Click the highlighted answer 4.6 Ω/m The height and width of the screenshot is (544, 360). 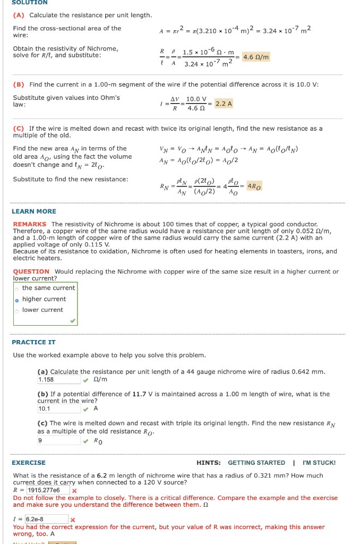pos(256,57)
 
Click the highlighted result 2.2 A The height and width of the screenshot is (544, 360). pos(224,104)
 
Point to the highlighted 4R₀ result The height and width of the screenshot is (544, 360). pos(254,186)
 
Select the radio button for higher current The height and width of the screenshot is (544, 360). pos(17,299)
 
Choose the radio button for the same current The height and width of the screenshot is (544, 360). pos(17,288)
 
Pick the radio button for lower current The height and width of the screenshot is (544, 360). pos(17,310)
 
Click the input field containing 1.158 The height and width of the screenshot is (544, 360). pos(58,380)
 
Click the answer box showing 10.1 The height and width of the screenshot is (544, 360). pos(58,409)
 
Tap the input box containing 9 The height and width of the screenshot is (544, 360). pos(58,440)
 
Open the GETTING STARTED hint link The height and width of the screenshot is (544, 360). pos(256,463)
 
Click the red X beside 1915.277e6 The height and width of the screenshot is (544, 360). pos(74,491)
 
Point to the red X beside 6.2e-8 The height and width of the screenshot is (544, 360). pos(73,520)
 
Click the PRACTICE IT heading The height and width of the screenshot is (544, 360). pos(33,342)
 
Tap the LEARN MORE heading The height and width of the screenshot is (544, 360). pos(34,211)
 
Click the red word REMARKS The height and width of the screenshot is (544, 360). pos(30,224)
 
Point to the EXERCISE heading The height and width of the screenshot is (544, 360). pos(29,463)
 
